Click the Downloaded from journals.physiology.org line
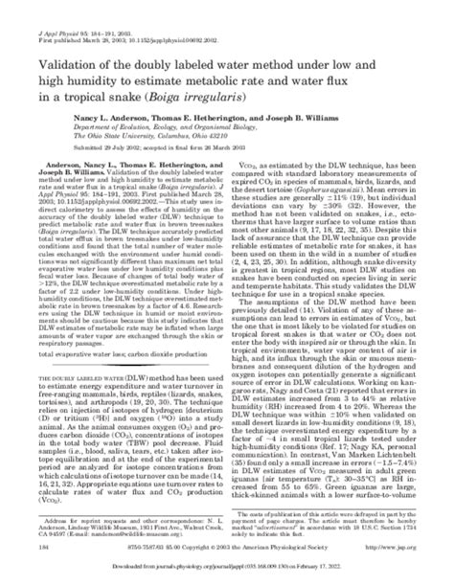[227, 573]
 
